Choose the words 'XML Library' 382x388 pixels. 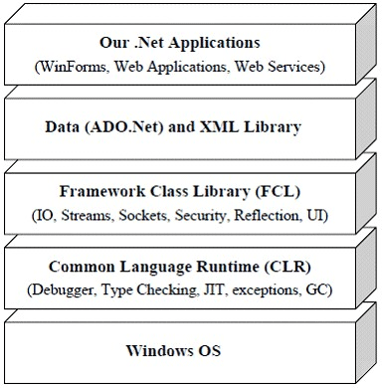tap(255, 127)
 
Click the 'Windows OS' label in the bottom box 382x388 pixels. tap(173, 351)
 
